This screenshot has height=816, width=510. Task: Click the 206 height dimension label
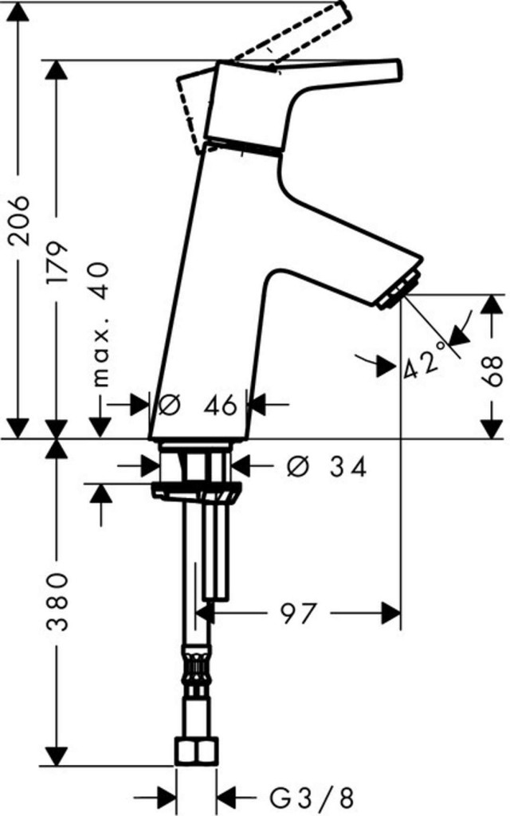point(21,220)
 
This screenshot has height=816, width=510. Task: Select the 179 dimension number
point(57,261)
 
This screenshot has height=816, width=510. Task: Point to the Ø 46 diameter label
point(198,405)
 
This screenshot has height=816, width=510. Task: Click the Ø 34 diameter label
point(326,466)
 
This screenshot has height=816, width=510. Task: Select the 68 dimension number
point(490,370)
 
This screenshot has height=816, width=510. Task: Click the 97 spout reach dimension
point(299,613)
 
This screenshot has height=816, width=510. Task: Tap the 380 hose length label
point(57,602)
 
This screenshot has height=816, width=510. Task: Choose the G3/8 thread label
point(312,796)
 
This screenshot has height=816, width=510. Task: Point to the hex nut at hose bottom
point(196,751)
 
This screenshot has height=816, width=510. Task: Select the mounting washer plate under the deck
point(197,492)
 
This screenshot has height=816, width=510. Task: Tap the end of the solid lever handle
point(398,70)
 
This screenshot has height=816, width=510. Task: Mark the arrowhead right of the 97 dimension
point(390,613)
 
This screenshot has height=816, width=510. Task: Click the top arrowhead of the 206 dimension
point(20,11)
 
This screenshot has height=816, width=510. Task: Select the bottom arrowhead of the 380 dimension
point(57,756)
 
